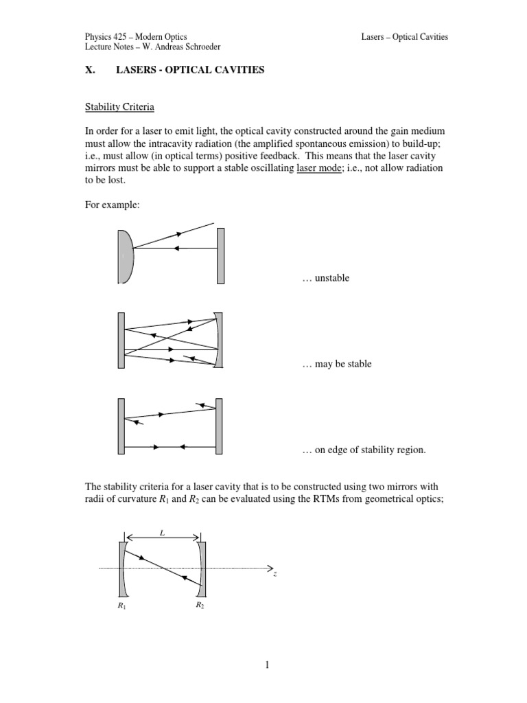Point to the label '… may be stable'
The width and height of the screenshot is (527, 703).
coord(336,364)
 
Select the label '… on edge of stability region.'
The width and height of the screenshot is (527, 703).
coord(364,450)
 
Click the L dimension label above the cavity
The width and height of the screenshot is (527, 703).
coord(161,531)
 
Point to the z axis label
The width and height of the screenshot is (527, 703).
coord(274,574)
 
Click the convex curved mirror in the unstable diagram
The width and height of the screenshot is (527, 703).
coord(125,256)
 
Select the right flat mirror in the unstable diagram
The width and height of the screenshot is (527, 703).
coord(221,256)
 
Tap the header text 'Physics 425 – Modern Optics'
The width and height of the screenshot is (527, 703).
coord(135,36)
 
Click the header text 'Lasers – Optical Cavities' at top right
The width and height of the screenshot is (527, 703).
coord(404,36)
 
